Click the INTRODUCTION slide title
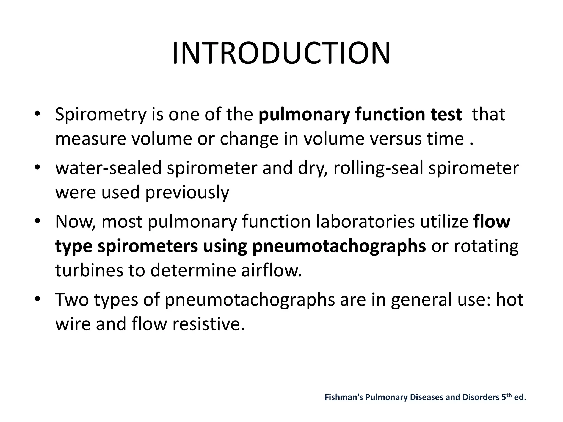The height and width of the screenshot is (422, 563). tap(281, 54)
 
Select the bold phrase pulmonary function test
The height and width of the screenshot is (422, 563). tap(360, 114)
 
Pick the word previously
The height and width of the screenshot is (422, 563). tap(187, 192)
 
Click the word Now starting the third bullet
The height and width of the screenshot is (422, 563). tap(74, 222)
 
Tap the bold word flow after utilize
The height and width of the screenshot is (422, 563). tap(492, 222)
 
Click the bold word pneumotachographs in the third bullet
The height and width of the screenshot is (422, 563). tap(339, 246)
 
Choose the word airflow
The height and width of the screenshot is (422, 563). tap(271, 270)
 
